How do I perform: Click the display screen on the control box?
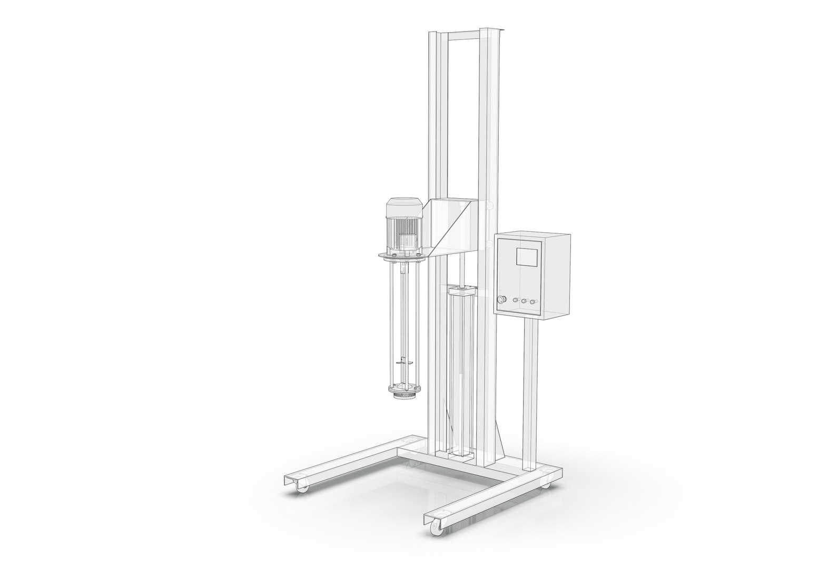coord(527,257)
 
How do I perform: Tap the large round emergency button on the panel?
coord(501,300)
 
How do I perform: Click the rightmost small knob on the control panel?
coord(533,302)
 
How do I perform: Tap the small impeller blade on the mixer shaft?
coord(401,362)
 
